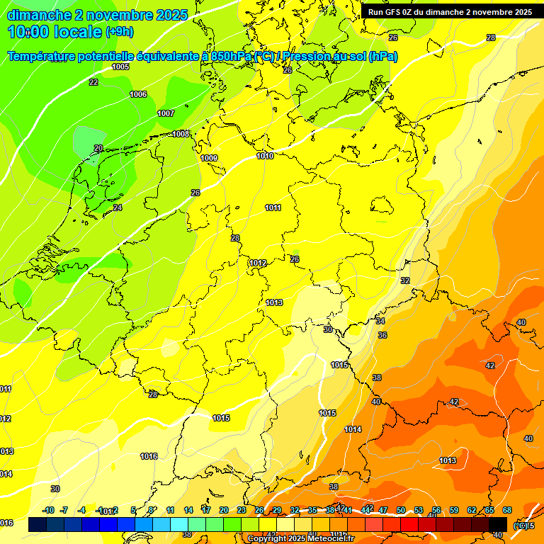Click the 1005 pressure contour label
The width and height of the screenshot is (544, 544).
120,67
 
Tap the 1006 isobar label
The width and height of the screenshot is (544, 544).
138,95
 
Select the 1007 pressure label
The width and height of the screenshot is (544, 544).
166,113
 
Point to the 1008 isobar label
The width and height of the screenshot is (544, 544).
180,134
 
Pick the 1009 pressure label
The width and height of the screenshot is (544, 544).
209,158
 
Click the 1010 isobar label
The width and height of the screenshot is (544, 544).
265,156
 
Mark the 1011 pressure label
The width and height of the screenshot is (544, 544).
273,208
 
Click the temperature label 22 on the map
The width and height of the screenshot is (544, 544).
93,83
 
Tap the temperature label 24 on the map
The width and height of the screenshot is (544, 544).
118,208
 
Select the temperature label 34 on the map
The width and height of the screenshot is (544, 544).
380,322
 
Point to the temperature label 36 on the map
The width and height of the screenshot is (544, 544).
382,335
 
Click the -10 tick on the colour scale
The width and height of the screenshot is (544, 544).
48,510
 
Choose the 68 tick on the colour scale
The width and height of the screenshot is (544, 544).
507,510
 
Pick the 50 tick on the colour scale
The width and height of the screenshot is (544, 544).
401,510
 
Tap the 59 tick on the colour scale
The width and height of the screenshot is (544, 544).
454,510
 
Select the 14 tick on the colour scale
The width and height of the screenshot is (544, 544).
188,510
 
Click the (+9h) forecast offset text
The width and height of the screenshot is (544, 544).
119,32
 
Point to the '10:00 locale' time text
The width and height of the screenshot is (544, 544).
54,32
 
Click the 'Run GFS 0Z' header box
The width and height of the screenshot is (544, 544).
450,12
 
